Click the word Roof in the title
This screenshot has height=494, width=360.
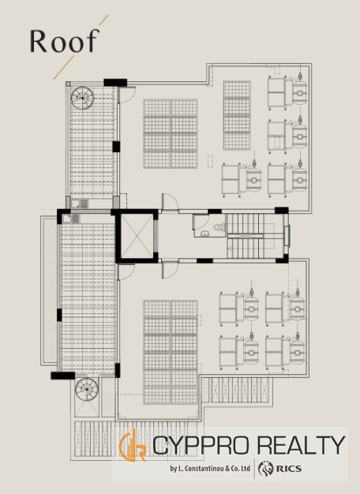point(64,41)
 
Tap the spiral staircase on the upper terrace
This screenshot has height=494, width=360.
point(83,98)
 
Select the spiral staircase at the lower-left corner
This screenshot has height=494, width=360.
point(87,389)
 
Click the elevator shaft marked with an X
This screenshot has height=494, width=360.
point(137,236)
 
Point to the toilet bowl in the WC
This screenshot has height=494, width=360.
point(219,226)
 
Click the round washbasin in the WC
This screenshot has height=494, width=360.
point(204,234)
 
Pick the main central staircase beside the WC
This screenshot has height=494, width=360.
point(254,236)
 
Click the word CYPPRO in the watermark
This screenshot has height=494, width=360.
point(202,444)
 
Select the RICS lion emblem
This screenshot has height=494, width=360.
point(265,469)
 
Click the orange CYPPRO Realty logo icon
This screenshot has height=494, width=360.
point(133,445)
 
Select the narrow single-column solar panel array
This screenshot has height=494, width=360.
point(237,115)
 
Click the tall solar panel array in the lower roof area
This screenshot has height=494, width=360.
point(171,352)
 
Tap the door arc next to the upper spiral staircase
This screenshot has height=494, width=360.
point(127,95)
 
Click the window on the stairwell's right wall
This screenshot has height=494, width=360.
point(287,236)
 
